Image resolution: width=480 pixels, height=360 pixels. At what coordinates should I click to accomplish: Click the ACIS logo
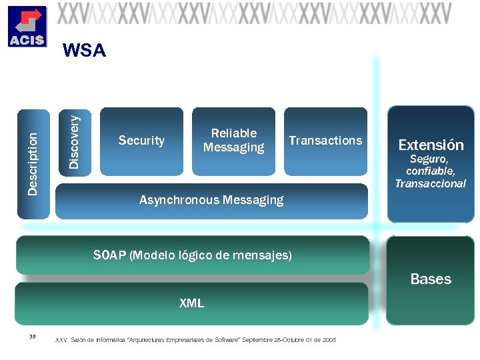[27, 27]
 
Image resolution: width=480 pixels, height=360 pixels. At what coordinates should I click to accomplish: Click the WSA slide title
[83, 51]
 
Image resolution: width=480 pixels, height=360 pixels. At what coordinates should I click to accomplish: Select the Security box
[141, 141]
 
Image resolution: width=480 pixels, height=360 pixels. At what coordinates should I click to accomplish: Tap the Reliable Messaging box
[233, 141]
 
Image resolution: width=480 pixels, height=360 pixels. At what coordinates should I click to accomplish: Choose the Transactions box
[325, 141]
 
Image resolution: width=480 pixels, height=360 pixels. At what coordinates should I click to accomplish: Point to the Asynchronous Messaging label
[211, 200]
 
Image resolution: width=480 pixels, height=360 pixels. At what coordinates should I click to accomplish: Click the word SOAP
[110, 255]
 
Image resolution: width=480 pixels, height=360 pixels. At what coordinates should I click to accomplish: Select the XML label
[191, 303]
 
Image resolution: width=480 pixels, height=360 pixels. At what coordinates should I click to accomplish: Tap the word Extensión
[431, 145]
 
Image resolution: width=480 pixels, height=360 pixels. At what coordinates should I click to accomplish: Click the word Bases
[431, 279]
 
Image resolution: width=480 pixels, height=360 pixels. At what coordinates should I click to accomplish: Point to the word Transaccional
[431, 184]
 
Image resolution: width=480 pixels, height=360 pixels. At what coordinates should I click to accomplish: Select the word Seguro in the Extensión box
[428, 159]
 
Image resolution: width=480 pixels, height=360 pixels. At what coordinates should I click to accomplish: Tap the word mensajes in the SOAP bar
[267, 255]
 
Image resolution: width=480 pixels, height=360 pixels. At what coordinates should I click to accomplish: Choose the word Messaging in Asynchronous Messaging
[253, 200]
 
